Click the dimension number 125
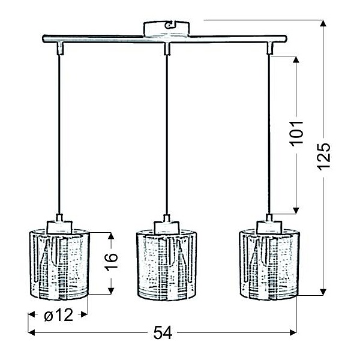[324, 157]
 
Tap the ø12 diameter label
[58, 314]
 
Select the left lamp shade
[59, 264]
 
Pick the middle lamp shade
[166, 264]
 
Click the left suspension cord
[59, 132]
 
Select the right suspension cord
[269, 132]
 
